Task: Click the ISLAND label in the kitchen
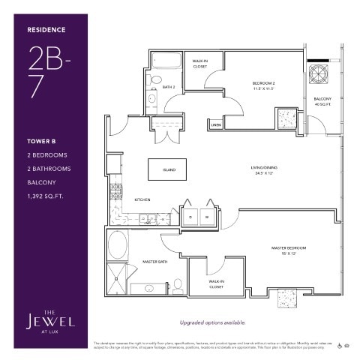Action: click(x=169, y=169)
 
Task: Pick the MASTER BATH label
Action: click(x=154, y=262)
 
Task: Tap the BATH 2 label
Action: click(x=169, y=87)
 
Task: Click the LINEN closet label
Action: click(x=216, y=124)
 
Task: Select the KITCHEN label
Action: click(x=143, y=200)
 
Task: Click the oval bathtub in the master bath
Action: click(x=118, y=245)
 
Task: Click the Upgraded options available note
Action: click(x=211, y=322)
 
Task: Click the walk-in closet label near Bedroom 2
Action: click(x=200, y=64)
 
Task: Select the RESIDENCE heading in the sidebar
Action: click(x=46, y=30)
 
